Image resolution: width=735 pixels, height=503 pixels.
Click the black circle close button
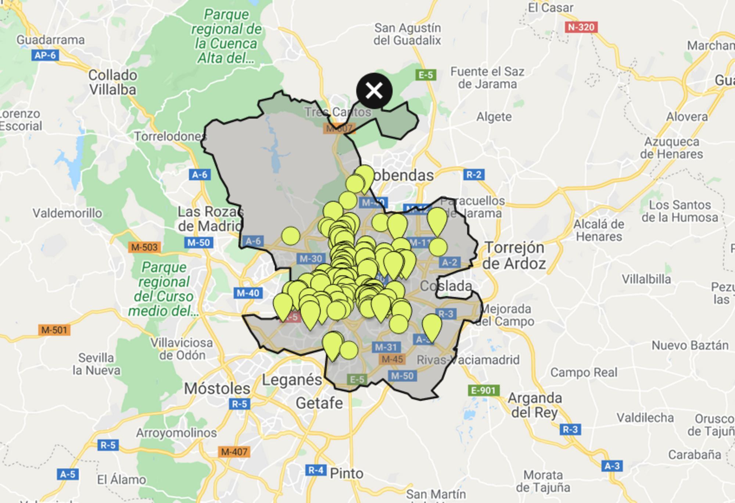click(374, 91)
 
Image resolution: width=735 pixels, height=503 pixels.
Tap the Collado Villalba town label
click(113, 82)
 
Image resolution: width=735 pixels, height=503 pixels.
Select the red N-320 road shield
click(581, 27)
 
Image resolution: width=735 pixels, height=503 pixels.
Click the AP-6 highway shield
click(45, 55)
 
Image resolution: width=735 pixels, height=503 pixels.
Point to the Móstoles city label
click(217, 388)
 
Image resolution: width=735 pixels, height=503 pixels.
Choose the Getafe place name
click(319, 403)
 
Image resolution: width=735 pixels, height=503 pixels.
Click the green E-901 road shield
click(484, 390)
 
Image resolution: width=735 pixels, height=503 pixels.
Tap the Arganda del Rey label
click(535, 405)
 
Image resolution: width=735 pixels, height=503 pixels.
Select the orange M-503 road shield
click(144, 247)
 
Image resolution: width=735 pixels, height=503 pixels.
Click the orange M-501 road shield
click(54, 330)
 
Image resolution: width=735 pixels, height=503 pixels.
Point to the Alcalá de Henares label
click(599, 230)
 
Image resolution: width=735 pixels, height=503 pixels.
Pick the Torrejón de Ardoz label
click(514, 256)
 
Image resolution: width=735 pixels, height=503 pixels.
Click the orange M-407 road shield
click(234, 452)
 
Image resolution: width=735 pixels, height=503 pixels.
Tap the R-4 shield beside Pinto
click(316, 470)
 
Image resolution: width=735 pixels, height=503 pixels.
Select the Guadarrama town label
click(51, 40)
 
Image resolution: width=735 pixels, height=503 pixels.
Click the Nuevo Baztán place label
click(690, 345)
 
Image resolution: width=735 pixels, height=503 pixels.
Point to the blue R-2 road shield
click(474, 174)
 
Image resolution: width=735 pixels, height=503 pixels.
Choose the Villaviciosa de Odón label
click(182, 349)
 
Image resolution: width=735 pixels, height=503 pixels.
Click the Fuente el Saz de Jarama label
click(487, 77)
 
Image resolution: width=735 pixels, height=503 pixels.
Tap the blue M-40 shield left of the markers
click(248, 293)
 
